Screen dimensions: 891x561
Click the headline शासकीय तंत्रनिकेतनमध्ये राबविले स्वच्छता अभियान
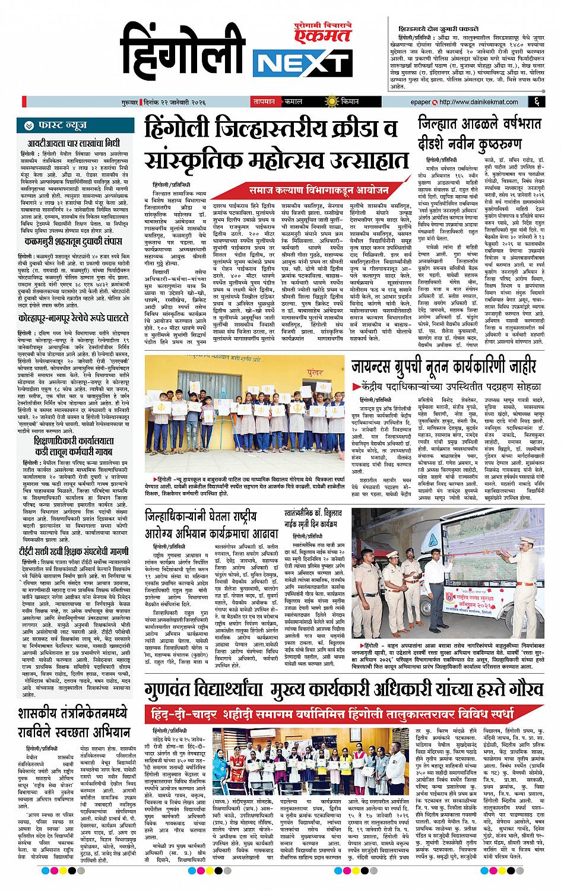[73, 722]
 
